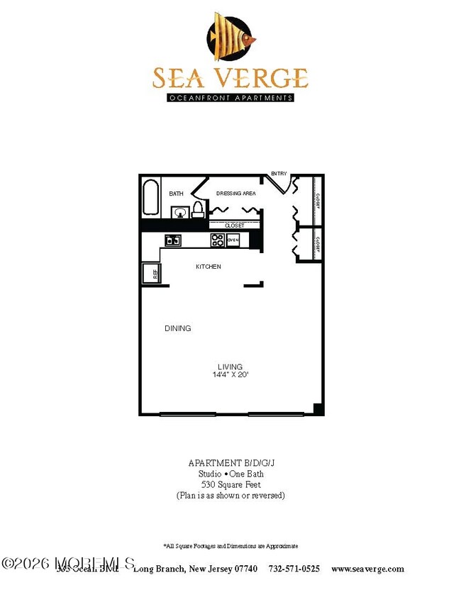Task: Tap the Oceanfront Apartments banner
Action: pos(230,98)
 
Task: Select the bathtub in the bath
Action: pos(151,198)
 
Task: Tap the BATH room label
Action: pos(176,193)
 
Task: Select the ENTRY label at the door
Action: pos(279,174)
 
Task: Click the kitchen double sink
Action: pos(172,240)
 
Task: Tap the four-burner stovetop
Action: pos(218,240)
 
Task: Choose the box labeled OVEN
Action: pos(233,240)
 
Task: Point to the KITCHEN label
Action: pos(209,267)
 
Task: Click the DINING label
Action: pos(177,328)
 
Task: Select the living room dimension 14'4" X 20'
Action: pos(230,374)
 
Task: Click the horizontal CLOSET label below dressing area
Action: pos(234,226)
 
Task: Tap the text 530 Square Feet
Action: pos(230,484)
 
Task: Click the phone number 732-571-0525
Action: pos(294,569)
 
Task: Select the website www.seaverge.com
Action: pos(367,569)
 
